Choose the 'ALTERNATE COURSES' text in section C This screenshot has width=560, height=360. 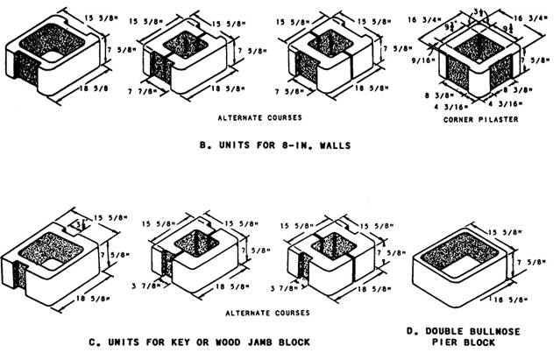click(x=260, y=312)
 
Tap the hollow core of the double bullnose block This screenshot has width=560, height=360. click(x=459, y=258)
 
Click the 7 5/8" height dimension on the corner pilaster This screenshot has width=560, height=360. click(x=542, y=61)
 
